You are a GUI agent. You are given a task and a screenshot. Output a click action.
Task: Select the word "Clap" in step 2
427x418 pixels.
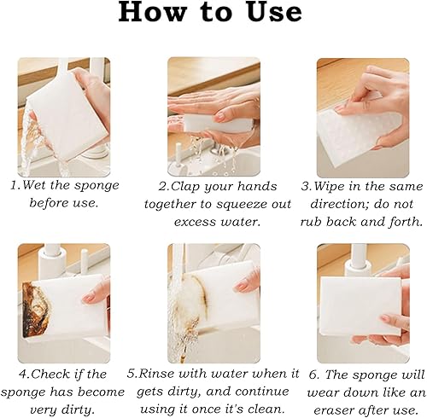(184, 187)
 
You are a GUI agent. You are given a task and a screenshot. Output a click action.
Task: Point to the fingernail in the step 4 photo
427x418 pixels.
(88, 298)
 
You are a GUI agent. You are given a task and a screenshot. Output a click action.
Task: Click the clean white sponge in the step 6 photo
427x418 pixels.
(360, 305)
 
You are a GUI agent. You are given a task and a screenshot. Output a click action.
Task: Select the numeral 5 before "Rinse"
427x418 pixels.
(131, 374)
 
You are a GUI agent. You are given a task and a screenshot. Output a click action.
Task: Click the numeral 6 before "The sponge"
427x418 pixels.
(313, 374)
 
